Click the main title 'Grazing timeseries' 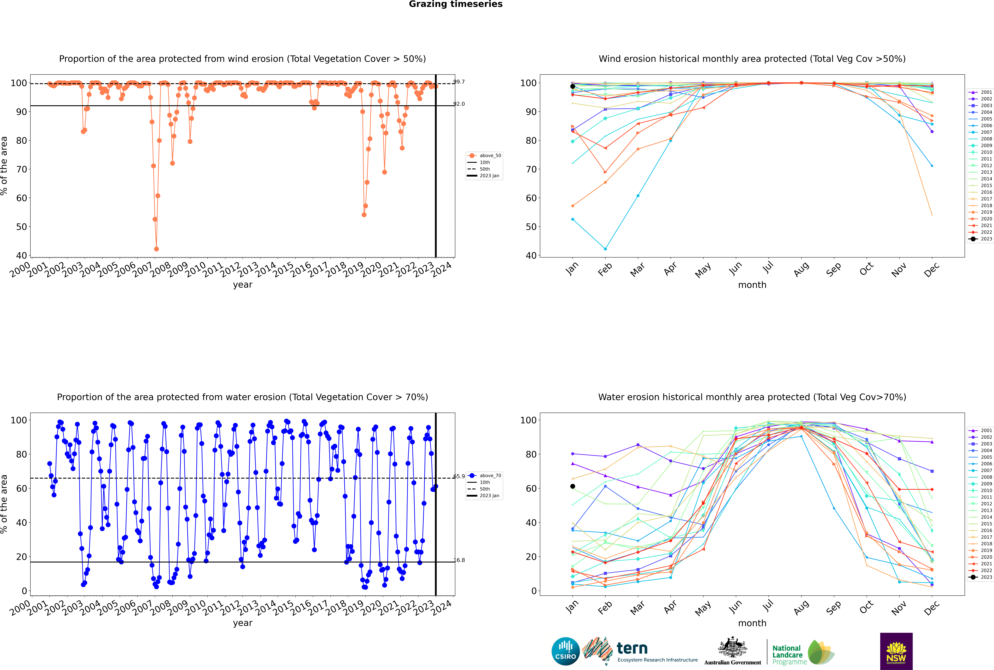(x=456, y=4)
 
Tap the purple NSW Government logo (x=896, y=651)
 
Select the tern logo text (x=632, y=649)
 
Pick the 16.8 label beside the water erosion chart (x=459, y=560)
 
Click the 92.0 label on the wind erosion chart (x=459, y=104)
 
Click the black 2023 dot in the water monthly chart (x=573, y=486)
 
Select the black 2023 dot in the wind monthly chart (x=573, y=86)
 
